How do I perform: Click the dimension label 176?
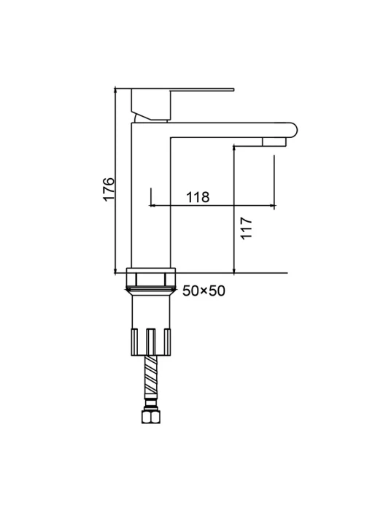click(109, 189)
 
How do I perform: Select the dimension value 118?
click(198, 197)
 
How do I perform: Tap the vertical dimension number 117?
click(247, 228)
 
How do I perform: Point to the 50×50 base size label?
click(204, 291)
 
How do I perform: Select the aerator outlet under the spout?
click(274, 142)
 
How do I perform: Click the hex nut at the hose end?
click(151, 417)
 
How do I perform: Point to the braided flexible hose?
click(151, 378)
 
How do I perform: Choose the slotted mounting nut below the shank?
click(151, 342)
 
